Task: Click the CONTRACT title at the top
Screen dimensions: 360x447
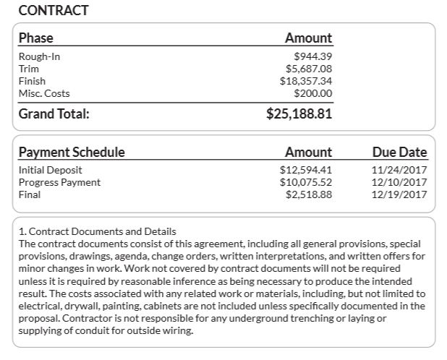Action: pyautogui.click(x=53, y=10)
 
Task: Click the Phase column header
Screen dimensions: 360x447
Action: pyautogui.click(x=36, y=38)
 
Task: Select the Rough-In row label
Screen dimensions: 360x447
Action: pyautogui.click(x=39, y=56)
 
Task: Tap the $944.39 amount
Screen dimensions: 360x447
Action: pyautogui.click(x=313, y=56)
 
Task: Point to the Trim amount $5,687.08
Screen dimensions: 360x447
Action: pyautogui.click(x=309, y=69)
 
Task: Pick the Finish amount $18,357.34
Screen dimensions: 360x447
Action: pyautogui.click(x=306, y=81)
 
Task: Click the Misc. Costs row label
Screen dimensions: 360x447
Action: pyautogui.click(x=44, y=93)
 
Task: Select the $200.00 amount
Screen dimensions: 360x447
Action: pyautogui.click(x=313, y=93)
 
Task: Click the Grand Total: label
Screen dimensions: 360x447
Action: pyautogui.click(x=54, y=113)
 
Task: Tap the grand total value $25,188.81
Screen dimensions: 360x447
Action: pyautogui.click(x=299, y=113)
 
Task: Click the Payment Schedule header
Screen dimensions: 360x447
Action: pyautogui.click(x=72, y=152)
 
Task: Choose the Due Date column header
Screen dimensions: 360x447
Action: pyautogui.click(x=399, y=152)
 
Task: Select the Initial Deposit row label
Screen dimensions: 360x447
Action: pyautogui.click(x=50, y=170)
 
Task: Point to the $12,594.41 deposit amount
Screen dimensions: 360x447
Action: pyautogui.click(x=306, y=170)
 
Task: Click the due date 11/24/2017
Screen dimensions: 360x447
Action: pyautogui.click(x=399, y=170)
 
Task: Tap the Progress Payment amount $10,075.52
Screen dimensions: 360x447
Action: pyautogui.click(x=306, y=182)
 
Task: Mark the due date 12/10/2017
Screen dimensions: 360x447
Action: pyautogui.click(x=399, y=182)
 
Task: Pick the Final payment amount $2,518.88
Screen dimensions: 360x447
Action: pyautogui.click(x=309, y=194)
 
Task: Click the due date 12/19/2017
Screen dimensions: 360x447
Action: pyautogui.click(x=399, y=194)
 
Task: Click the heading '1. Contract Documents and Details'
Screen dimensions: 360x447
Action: pyautogui.click(x=97, y=231)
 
